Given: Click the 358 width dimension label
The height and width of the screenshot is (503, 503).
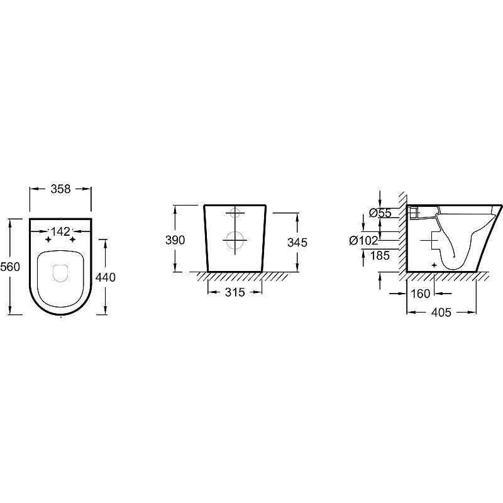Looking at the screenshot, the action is [60, 189].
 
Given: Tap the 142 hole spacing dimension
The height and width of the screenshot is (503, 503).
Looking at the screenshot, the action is [60, 231].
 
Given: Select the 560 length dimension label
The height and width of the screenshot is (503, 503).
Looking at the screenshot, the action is [10, 266].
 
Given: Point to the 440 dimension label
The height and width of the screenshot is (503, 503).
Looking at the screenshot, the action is [106, 277].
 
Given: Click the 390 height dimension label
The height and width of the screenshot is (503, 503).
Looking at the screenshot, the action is [175, 240].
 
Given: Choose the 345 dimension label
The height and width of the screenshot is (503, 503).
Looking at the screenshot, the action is [297, 242].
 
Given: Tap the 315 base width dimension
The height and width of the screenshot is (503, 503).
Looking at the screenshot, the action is [235, 292].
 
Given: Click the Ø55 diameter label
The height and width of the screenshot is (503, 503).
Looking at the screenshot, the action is [380, 213].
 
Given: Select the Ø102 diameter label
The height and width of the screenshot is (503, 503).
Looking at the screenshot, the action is [364, 240].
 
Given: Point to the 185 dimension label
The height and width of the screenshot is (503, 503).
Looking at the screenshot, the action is [380, 255].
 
